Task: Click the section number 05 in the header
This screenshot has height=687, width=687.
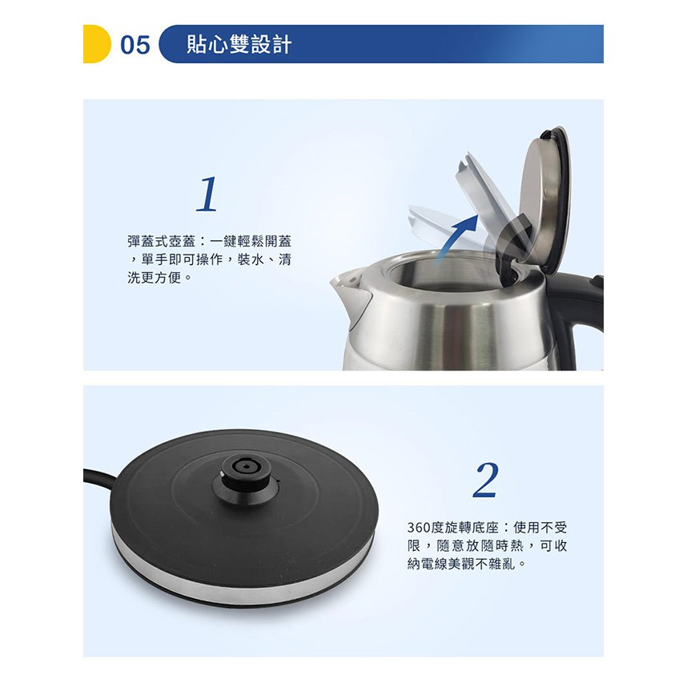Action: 135,45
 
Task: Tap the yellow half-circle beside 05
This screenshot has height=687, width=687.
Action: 96,44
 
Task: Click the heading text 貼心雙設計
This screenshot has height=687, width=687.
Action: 239,44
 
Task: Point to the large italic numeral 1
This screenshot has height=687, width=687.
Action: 207,194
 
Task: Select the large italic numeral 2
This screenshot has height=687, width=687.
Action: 486,480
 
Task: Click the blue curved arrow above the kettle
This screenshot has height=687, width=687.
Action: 457,236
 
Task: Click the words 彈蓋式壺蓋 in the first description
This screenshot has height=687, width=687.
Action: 161,242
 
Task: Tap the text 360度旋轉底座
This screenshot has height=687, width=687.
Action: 453,527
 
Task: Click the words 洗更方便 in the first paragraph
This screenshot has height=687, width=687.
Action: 154,277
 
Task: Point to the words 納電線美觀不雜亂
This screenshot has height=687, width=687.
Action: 461,564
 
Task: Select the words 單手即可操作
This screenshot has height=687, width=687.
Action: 182,259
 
